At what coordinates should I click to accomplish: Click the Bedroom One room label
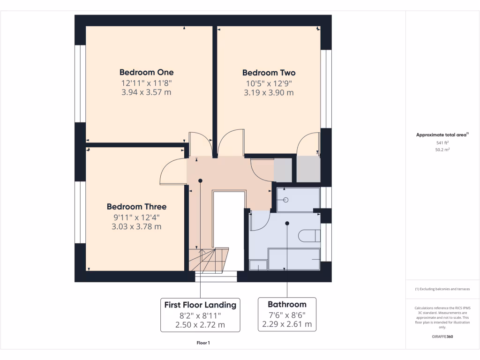tap(146, 72)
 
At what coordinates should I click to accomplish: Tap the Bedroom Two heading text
tap(269, 73)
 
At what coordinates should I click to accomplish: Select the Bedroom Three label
tap(136, 207)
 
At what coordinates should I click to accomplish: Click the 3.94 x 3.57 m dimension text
tap(146, 92)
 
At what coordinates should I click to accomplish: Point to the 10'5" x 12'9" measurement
tap(269, 83)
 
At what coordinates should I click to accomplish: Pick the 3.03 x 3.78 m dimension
tap(136, 227)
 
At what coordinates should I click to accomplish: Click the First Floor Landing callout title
tap(200, 305)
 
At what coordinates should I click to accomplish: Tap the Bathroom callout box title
tap(287, 304)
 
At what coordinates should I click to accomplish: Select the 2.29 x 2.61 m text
tap(287, 324)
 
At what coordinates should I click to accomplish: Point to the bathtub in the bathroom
tap(294, 259)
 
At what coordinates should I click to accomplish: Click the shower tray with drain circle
tap(297, 200)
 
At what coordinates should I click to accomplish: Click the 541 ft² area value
tap(442, 142)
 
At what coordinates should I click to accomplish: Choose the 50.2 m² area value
tap(442, 150)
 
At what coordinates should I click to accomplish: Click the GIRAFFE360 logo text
tap(442, 337)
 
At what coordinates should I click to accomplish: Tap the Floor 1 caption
tap(203, 343)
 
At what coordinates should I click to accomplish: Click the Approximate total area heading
tap(442, 135)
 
